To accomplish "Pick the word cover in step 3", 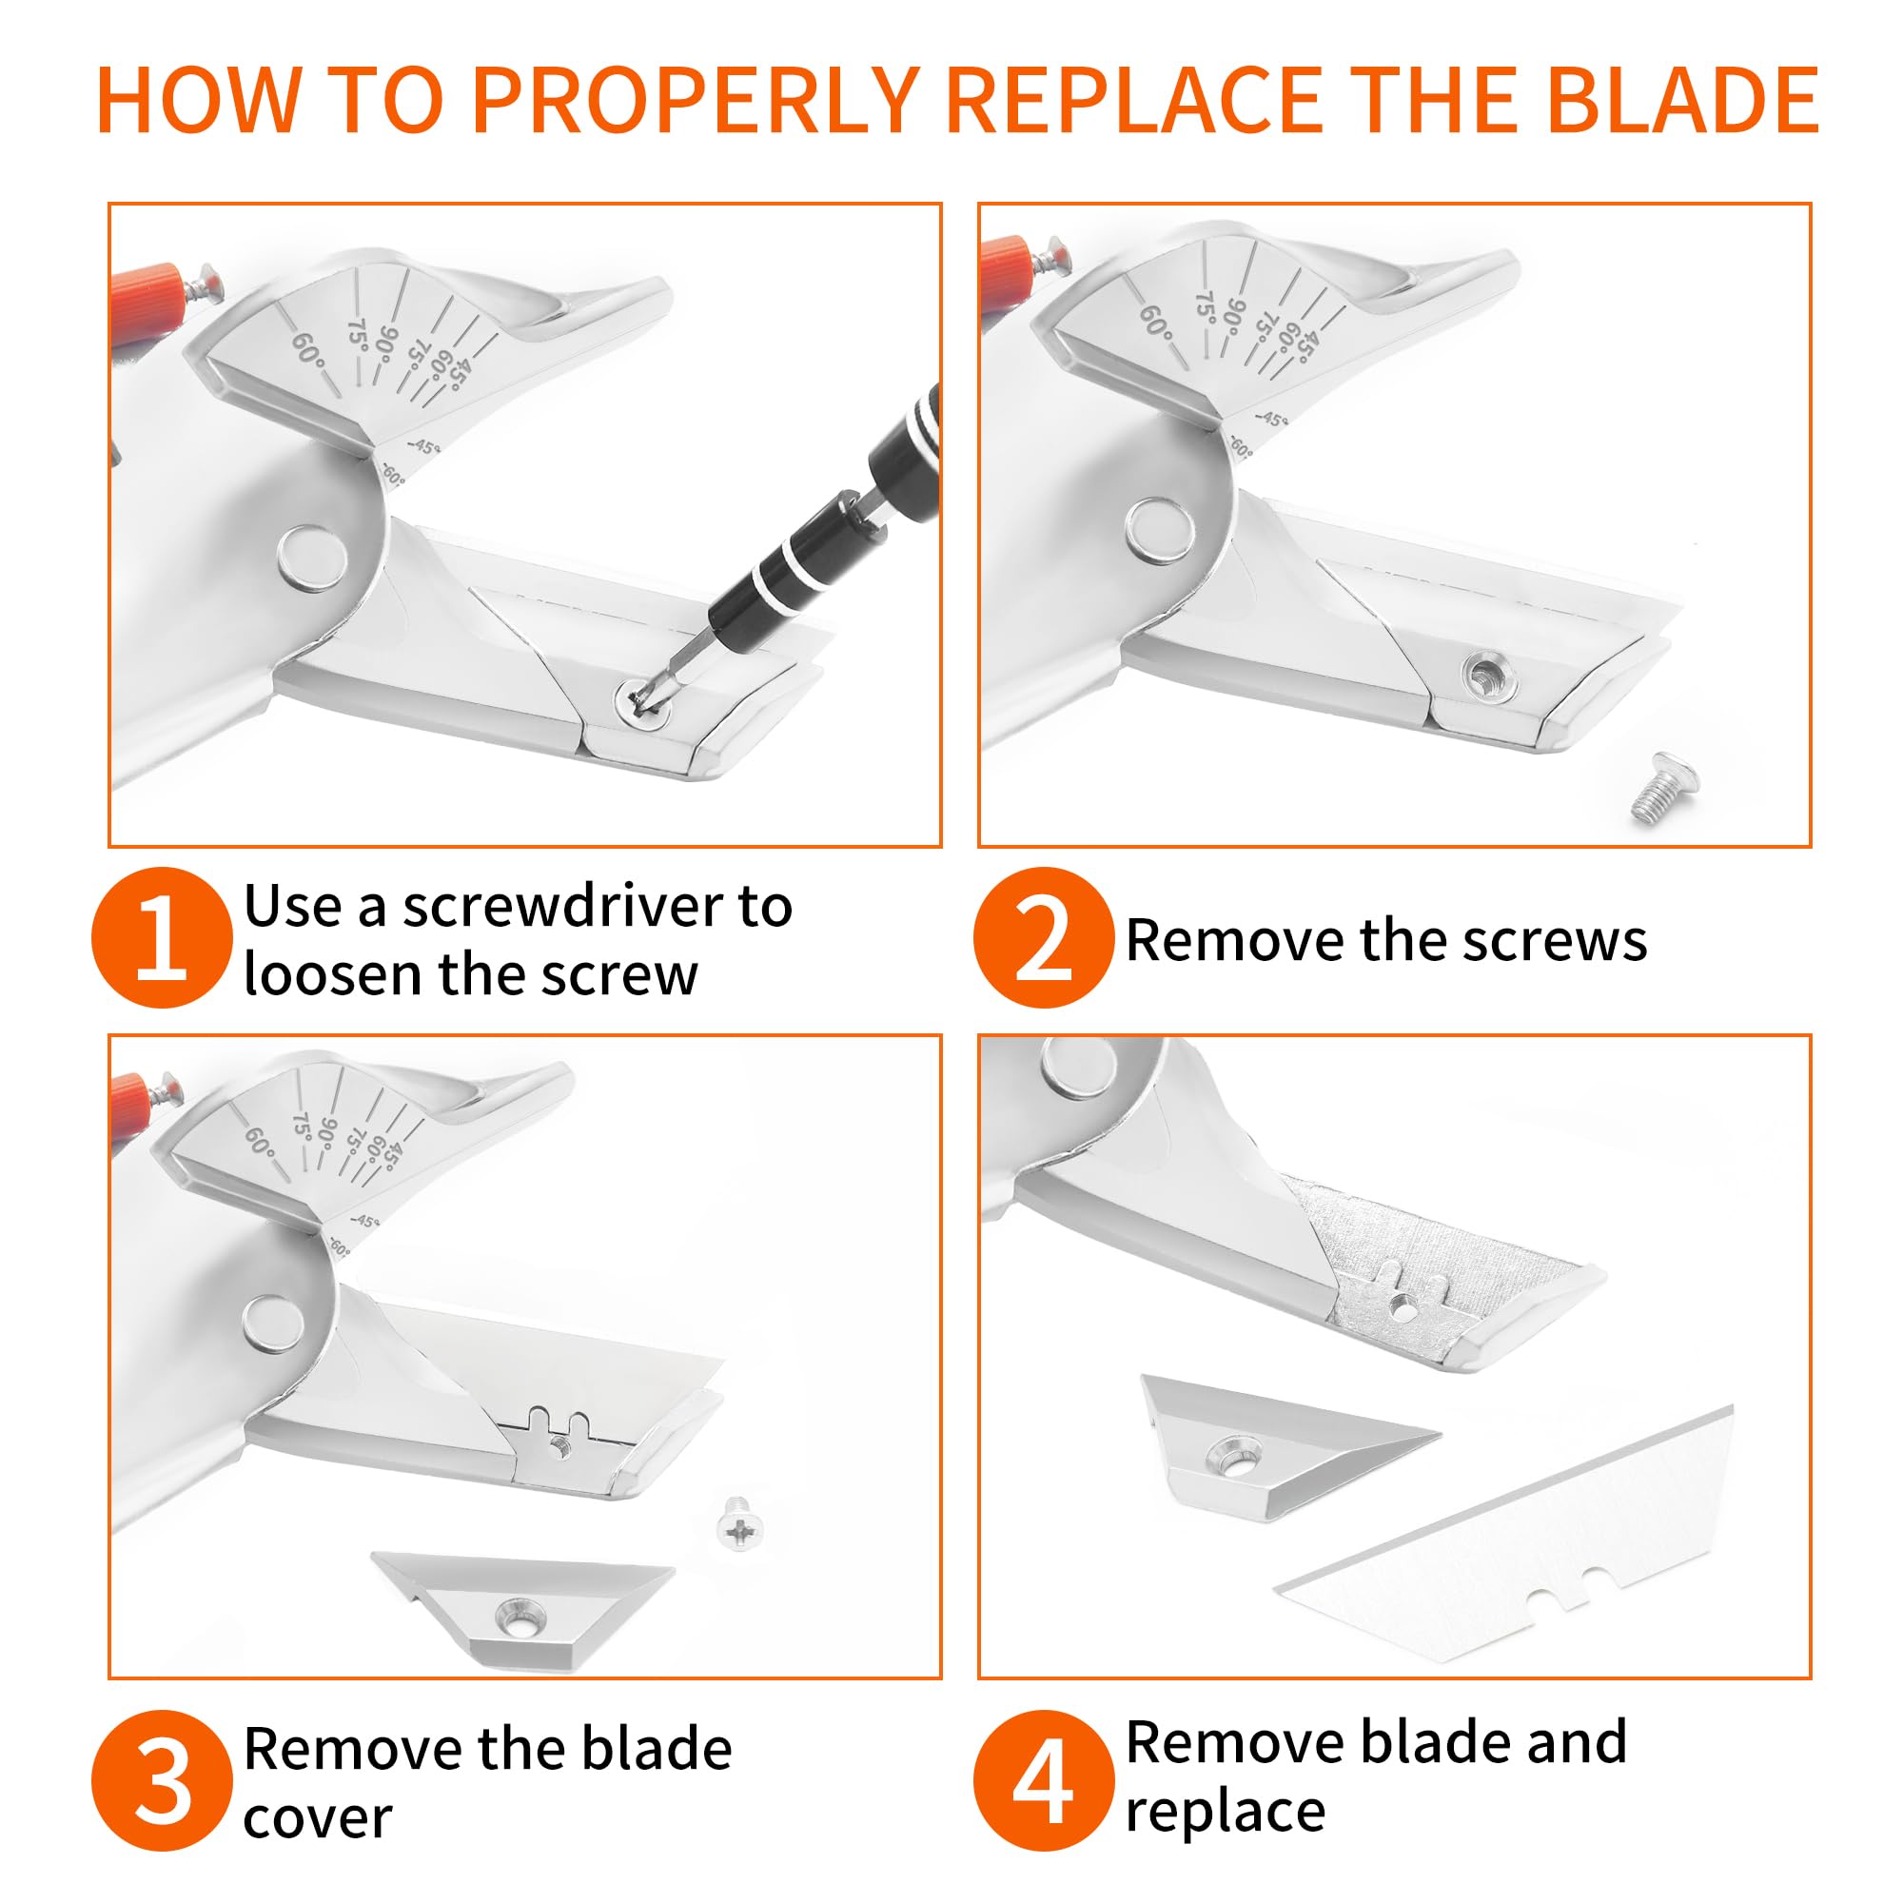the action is click(317, 1818).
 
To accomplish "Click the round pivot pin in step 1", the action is click(314, 559).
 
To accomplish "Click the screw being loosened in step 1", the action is click(644, 702).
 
